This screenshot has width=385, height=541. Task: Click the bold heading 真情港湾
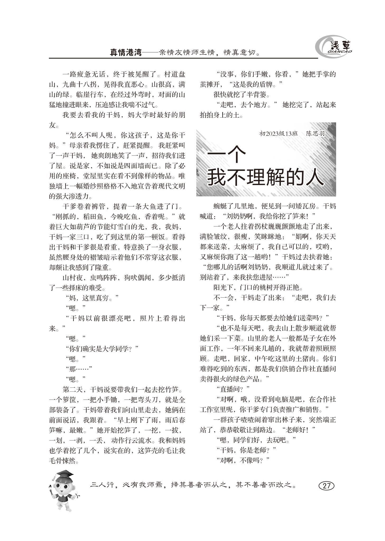[x=126, y=52]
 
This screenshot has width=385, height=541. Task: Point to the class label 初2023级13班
[x=279, y=133]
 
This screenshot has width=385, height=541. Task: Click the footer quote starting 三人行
[x=193, y=485]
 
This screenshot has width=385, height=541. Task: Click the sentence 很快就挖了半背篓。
[x=242, y=95]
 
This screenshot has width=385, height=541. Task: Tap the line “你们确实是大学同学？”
[x=102, y=349]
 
